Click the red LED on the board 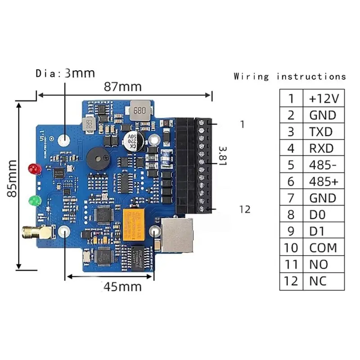[x=33, y=170]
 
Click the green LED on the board [x=33, y=200]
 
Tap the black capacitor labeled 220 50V [x=133, y=140]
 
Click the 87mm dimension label [x=122, y=86]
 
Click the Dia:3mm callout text [x=65, y=73]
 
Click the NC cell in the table [x=318, y=281]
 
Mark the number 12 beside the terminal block [x=245, y=209]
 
